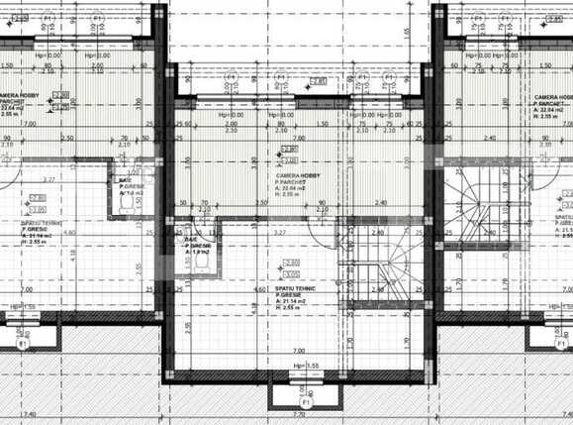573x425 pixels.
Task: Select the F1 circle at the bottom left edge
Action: pyautogui.click(x=21, y=343)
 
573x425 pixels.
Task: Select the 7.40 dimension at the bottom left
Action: pyautogui.click(x=28, y=414)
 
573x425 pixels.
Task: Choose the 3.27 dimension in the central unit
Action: pyautogui.click(x=280, y=232)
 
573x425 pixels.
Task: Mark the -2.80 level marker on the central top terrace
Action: pyautogui.click(x=318, y=81)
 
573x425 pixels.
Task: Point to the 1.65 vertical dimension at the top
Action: pyautogui.click(x=408, y=32)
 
